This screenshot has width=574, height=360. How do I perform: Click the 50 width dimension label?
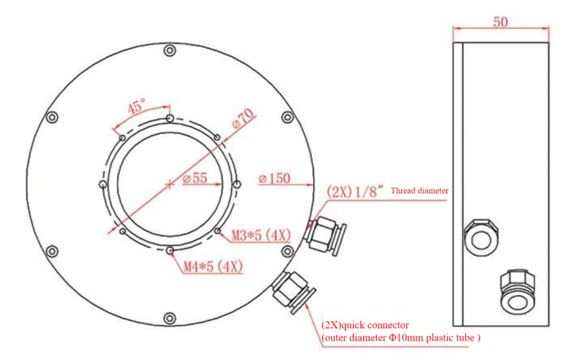pos(500,22)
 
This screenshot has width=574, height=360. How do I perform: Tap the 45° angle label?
pos(136,106)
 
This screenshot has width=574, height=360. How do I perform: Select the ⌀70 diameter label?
pos(243,118)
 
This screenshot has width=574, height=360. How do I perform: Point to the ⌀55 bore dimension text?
pos(195,178)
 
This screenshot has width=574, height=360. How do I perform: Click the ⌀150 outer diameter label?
pos(274,179)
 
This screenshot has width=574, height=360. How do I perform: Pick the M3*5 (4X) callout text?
pos(261,235)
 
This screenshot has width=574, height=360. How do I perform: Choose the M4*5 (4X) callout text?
pos(213,266)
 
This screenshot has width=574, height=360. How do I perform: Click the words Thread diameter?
pos(420,191)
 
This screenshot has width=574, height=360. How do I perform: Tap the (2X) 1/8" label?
pos(355,191)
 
